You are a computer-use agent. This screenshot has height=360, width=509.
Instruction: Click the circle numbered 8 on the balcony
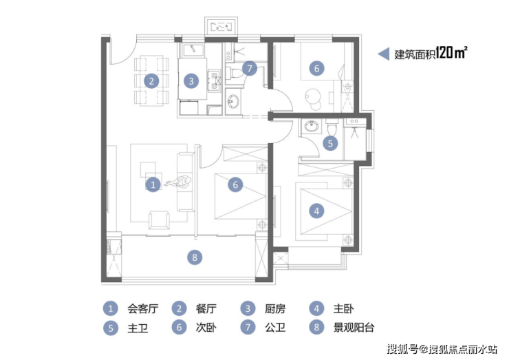pos(195,257)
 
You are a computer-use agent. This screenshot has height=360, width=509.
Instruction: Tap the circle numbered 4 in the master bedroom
pos(316,211)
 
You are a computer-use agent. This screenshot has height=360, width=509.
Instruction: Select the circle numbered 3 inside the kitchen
pos(191,81)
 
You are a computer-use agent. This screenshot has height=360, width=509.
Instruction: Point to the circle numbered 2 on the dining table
pos(151,81)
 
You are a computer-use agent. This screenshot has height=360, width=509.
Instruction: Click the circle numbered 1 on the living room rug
pos(153,184)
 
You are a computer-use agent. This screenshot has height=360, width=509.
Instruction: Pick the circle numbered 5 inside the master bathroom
pos(330,143)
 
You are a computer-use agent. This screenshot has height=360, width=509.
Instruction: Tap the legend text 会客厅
pos(142,308)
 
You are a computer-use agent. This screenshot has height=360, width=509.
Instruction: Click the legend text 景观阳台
pos(354,327)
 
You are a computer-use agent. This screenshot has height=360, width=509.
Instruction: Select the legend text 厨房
pos(275,308)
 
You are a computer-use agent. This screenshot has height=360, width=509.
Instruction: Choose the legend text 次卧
pos(206,327)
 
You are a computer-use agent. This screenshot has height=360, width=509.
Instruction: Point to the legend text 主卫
pos(138,328)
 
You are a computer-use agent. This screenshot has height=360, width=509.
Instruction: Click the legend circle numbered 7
pos(248,327)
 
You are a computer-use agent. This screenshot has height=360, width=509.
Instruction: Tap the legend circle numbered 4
pos(316,308)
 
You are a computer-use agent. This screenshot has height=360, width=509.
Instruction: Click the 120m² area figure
pos(451,52)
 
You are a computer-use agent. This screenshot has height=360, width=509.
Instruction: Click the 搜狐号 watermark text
pos(402,349)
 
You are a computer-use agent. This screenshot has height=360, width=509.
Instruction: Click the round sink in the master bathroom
pos(312,125)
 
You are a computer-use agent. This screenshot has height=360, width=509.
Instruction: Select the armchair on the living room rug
pos(159,220)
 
